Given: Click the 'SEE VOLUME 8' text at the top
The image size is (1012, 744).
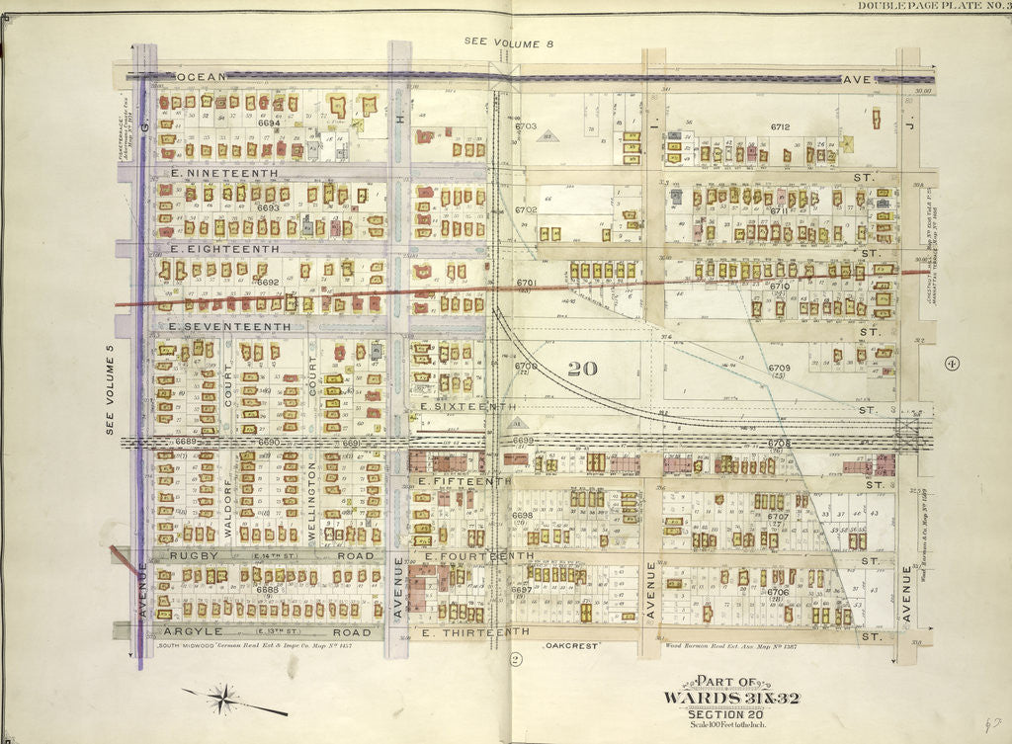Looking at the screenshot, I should click(x=505, y=41).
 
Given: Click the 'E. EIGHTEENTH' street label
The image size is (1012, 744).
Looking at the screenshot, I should click(x=223, y=249).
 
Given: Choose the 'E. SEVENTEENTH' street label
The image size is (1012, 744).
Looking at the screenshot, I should click(x=229, y=326).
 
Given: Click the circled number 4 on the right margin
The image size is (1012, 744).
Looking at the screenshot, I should click(x=952, y=363).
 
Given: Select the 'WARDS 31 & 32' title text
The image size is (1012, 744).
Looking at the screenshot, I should click(x=747, y=699).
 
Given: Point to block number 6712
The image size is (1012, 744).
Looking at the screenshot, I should click(x=780, y=126).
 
